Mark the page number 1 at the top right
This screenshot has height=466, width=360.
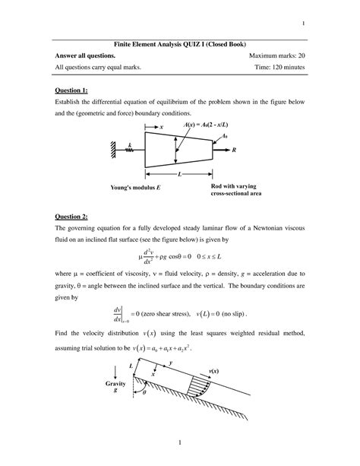tap(303, 22)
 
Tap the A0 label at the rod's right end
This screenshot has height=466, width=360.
tap(223, 136)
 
